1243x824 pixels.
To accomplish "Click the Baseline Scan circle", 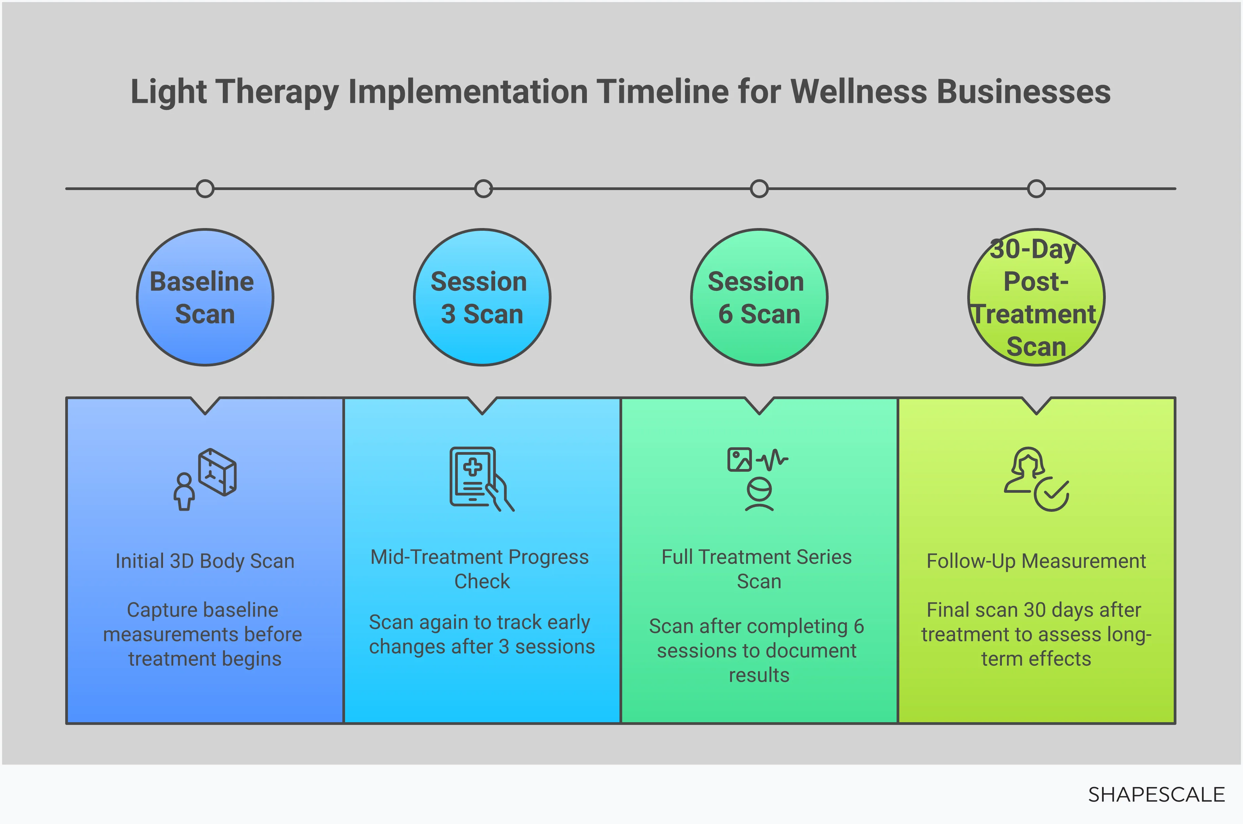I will [205, 297].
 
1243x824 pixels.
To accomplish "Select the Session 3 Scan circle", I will [482, 297].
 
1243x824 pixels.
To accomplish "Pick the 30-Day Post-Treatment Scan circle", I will [1036, 297].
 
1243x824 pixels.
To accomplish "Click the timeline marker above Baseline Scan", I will [205, 189].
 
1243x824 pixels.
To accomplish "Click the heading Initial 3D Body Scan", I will [205, 561].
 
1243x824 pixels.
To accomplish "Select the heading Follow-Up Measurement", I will [1036, 561].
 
